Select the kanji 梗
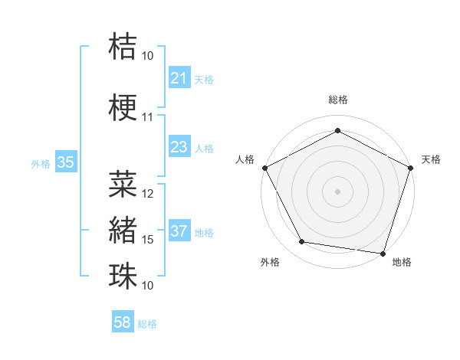point(123,107)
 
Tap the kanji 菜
point(123,184)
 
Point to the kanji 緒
point(123,230)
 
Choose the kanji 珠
point(123,276)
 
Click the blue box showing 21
point(179,78)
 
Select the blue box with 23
point(179,147)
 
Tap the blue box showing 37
point(179,231)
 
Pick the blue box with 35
point(65,162)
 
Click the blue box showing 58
point(123,322)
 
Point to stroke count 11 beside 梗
point(147,117)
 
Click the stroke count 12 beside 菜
point(148,194)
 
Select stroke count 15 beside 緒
point(148,240)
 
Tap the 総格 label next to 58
point(147,324)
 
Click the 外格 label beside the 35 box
point(40,163)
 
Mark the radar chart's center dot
point(337,191)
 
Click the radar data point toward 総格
point(337,130)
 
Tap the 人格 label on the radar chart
point(245,159)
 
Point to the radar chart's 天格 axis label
point(431,159)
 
